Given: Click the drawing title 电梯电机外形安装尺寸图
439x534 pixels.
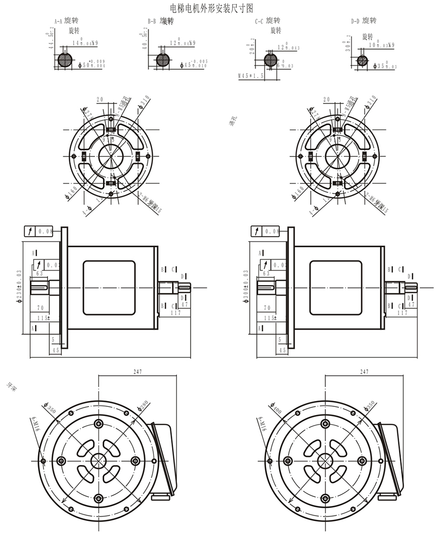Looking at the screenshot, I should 211,8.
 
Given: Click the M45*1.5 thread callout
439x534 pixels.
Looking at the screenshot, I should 251,76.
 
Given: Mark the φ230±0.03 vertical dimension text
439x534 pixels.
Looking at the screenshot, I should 19,285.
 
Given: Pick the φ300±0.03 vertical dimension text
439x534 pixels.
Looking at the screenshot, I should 246,285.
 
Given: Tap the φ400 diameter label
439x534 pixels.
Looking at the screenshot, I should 276,409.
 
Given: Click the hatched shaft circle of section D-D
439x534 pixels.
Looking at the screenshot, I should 362,61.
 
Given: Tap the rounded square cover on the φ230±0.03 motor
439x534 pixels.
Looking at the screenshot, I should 109,288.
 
